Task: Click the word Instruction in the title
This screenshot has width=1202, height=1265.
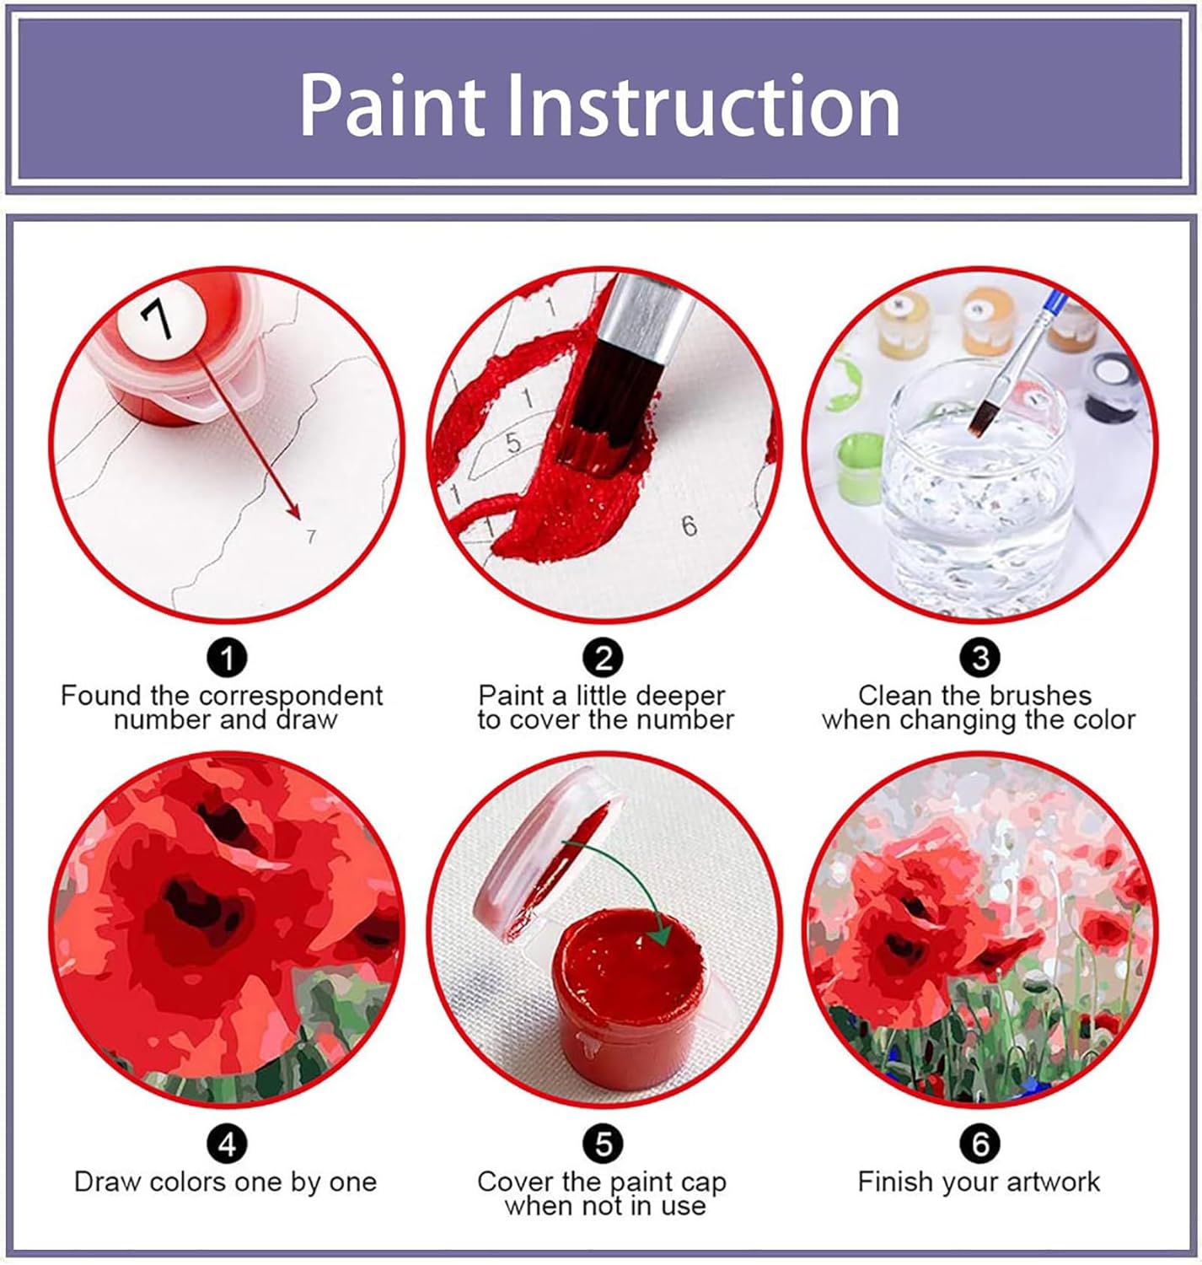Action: click(x=701, y=106)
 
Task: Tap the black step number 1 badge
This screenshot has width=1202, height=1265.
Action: click(x=226, y=657)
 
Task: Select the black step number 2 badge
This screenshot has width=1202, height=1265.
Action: click(x=604, y=657)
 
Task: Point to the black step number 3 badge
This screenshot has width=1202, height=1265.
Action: click(x=979, y=657)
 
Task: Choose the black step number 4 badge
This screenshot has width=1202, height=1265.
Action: click(x=226, y=1144)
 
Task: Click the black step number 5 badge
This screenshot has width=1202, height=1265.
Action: click(x=604, y=1144)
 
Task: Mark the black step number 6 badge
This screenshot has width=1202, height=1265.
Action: click(x=979, y=1144)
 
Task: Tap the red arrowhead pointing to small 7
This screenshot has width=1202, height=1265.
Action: click(x=293, y=513)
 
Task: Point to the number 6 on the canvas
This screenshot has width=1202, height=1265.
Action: click(x=690, y=526)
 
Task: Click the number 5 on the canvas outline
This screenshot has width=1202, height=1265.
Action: click(x=512, y=442)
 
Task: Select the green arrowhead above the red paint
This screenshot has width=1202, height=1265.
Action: click(x=659, y=934)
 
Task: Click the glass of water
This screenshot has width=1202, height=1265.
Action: click(x=978, y=498)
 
